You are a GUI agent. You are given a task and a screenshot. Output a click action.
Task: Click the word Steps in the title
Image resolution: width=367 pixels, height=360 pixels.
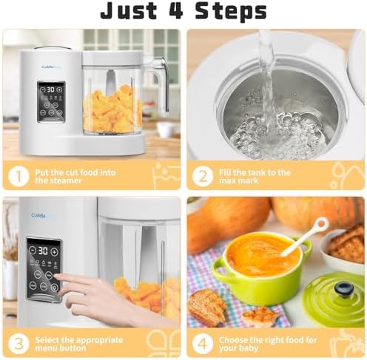click(231, 11)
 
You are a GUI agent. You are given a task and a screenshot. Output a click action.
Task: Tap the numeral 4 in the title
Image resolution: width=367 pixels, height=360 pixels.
click(176, 10)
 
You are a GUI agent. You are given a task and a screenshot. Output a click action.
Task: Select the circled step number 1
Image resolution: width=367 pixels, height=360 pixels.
click(18, 176)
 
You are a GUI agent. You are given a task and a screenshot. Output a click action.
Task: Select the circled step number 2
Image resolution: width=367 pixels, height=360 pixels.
click(203, 176)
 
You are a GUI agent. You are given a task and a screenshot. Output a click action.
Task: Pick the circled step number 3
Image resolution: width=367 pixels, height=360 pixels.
click(18, 344)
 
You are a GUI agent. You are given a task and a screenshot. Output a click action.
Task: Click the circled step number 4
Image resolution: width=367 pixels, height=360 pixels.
click(203, 344)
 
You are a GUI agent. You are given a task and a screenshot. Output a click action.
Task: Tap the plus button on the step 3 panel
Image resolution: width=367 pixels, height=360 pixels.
click(54, 252)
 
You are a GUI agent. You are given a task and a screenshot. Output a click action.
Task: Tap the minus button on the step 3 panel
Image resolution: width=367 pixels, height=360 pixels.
click(33, 250)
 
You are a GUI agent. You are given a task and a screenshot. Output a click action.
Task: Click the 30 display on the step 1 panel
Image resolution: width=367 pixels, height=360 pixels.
click(51, 89)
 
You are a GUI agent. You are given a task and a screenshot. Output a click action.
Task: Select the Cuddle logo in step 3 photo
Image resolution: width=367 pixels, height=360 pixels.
click(38, 216)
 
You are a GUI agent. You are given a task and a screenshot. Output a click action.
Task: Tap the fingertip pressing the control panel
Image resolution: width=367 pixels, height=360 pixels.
click(57, 278)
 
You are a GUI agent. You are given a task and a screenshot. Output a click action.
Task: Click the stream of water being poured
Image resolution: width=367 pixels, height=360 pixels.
click(267, 81)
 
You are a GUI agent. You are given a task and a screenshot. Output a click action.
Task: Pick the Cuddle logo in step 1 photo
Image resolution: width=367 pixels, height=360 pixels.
click(47, 67)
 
